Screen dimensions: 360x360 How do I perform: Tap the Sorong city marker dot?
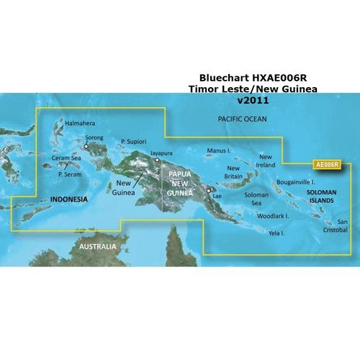[86, 146]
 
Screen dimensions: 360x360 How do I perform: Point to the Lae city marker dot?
[210, 191]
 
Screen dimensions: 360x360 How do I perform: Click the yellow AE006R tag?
[327, 164]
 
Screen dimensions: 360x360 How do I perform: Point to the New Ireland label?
[267, 161]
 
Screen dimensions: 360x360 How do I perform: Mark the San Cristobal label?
[337, 225]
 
